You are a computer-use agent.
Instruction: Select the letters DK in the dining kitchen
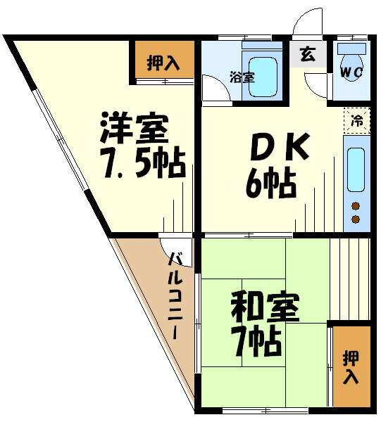tap(280, 146)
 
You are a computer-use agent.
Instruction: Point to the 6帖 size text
tap(271, 183)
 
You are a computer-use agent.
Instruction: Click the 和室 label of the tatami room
tap(265, 307)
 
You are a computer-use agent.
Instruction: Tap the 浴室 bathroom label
tap(242, 77)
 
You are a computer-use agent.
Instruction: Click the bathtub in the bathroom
tap(263, 77)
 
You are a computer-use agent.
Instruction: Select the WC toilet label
tap(351, 72)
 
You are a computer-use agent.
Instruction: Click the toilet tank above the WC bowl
tap(351, 49)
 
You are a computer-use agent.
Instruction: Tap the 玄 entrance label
tap(308, 54)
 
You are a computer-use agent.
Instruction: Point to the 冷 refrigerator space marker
tap(357, 120)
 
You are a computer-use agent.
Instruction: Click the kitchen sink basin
tap(356, 170)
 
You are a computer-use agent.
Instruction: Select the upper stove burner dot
tap(356, 206)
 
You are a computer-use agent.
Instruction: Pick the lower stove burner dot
tap(356, 219)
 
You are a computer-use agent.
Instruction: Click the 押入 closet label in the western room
tap(163, 63)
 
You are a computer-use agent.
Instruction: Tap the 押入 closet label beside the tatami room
tap(351, 367)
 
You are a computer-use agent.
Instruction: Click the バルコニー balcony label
tap(175, 295)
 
